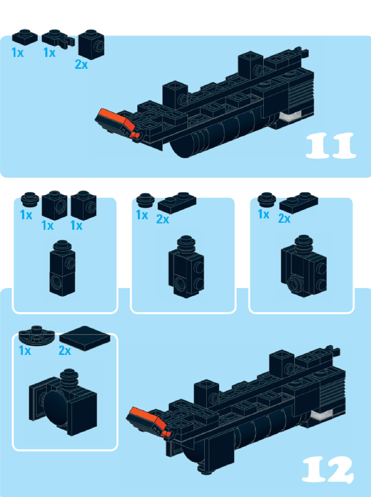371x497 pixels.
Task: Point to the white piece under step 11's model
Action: tap(290, 117)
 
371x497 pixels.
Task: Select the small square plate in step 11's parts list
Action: tap(25, 37)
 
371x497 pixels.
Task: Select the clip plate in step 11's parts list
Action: tap(58, 39)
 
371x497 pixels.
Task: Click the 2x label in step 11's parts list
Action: tap(81, 64)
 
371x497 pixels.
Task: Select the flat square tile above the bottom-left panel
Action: tap(85, 338)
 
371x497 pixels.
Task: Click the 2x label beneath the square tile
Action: tap(65, 351)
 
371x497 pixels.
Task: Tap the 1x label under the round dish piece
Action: tap(25, 351)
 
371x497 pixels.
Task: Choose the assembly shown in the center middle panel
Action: tap(186, 267)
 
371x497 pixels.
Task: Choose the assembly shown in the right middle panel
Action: tap(303, 266)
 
